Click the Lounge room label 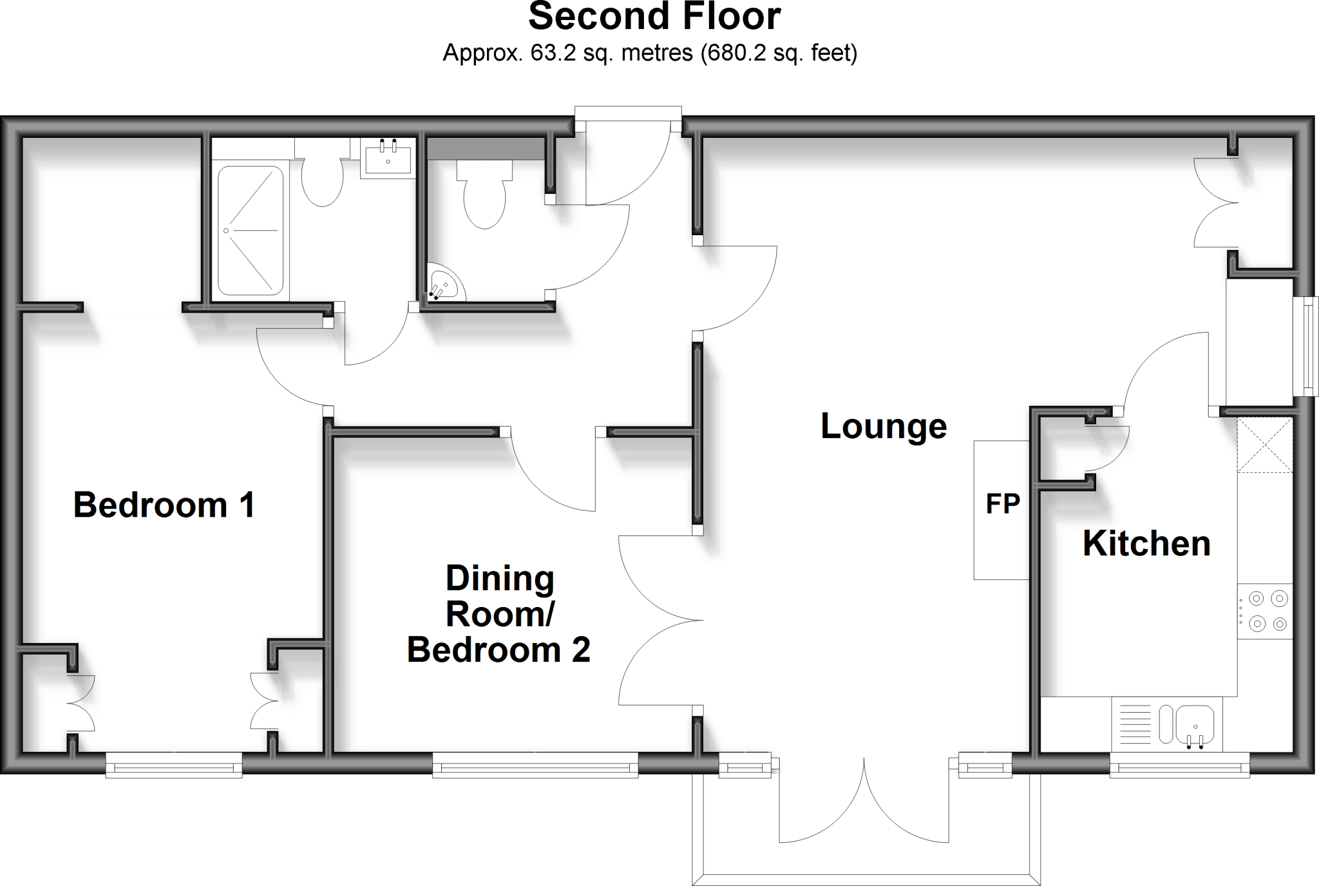click(883, 427)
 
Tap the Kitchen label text click(1146, 543)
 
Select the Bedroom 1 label click(164, 505)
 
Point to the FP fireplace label click(1003, 504)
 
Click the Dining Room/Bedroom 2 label click(499, 614)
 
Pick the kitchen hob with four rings click(1265, 611)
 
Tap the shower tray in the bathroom click(250, 230)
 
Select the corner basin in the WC click(445, 284)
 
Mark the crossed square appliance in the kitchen click(1265, 445)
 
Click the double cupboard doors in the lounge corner click(1216, 202)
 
